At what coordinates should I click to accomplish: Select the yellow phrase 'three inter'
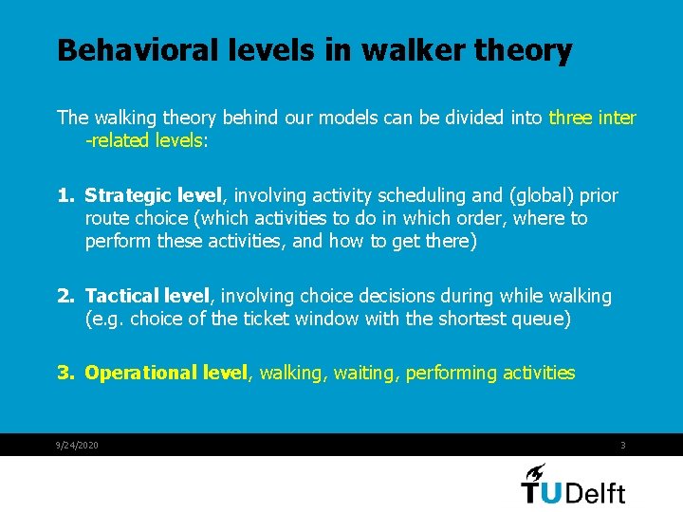[592, 118]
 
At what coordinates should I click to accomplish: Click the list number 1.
[65, 196]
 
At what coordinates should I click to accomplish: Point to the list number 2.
[65, 297]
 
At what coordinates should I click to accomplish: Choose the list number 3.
[65, 373]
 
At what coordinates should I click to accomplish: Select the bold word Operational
[142, 373]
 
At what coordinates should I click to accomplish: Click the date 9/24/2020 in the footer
[78, 446]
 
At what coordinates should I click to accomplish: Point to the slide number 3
[622, 446]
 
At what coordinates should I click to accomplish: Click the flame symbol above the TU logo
[535, 472]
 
